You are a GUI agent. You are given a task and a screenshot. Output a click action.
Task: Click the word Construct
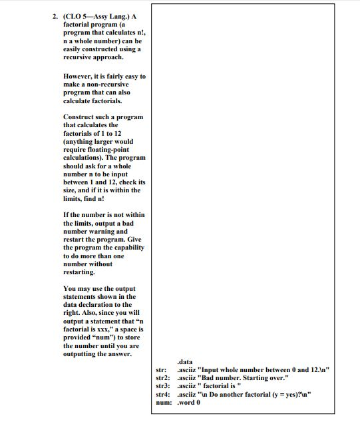[x=81, y=117]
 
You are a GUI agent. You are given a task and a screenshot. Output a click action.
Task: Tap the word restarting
[x=80, y=272]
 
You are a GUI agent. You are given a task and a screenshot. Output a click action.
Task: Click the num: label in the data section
[x=163, y=402]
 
